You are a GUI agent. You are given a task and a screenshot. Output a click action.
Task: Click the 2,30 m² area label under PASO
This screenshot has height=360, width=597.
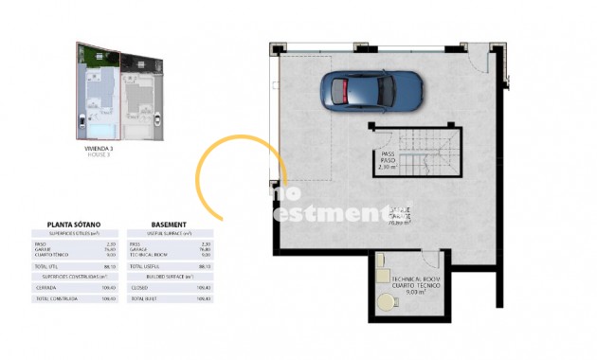[x=387, y=168]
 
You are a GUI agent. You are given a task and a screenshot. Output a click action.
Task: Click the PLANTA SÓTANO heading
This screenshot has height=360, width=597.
[x=74, y=225]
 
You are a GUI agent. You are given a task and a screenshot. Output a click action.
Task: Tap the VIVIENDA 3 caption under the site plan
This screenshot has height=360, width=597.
[x=99, y=148]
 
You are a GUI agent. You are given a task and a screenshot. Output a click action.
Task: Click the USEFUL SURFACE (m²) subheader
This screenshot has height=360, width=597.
[x=172, y=233]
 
